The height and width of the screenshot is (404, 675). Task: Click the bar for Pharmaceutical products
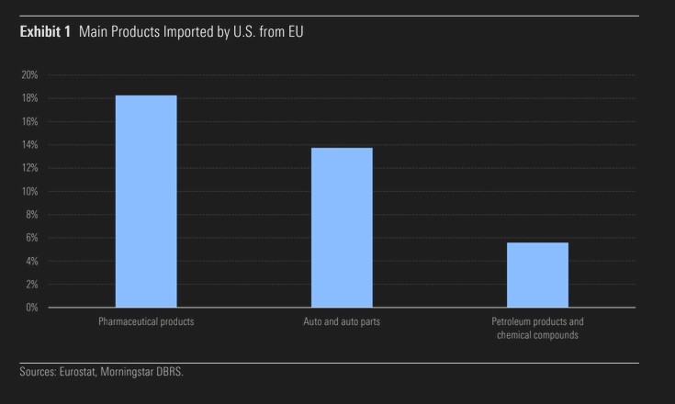145,201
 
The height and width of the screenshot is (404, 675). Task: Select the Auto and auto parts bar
342,227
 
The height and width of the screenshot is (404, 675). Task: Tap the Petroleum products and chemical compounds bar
537,275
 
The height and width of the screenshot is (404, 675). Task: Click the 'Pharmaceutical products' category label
146,322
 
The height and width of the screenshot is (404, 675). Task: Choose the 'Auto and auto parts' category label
342,322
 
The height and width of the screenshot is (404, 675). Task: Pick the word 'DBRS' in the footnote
182,372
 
